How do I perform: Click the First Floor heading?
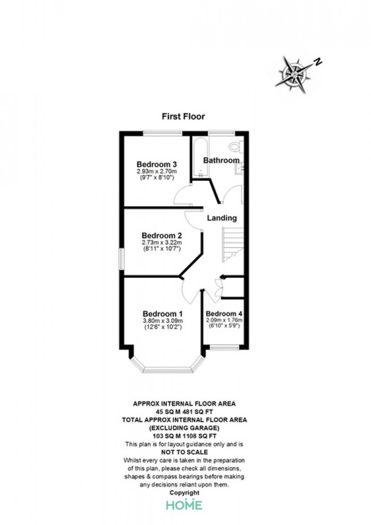point(183,117)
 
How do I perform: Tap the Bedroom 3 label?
point(156,164)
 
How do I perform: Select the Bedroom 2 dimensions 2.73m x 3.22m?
point(161,242)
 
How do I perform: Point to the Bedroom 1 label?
point(163,314)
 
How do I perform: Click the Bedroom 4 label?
point(224,314)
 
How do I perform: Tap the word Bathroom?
point(221,160)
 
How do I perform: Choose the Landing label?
point(222,218)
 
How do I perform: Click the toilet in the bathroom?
point(236,146)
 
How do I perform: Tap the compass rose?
point(294,74)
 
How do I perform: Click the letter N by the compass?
point(318,62)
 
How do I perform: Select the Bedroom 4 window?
point(225,347)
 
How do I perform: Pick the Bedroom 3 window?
point(163,133)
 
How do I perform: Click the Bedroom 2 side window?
point(121,258)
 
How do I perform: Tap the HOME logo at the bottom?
point(184,504)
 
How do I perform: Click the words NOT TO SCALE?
point(184,452)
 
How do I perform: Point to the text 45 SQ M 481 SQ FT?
point(184,412)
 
